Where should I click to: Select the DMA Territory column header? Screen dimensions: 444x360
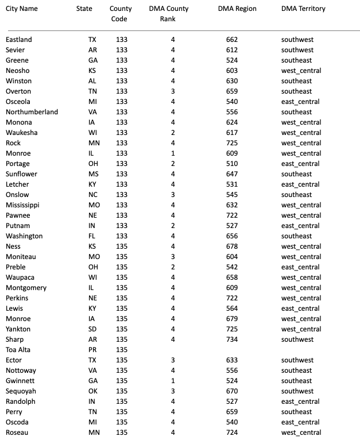(303, 9)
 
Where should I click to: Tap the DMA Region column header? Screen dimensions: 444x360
(237, 9)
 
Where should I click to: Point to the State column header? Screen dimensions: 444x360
(84, 9)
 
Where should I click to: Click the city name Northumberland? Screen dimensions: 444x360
(32, 112)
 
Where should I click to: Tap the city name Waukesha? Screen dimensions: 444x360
(21, 133)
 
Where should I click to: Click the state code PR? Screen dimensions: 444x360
(92, 350)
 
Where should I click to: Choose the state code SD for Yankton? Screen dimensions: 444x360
(92, 329)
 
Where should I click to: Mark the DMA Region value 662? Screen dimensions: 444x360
(232, 40)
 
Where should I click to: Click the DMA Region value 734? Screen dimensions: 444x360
(232, 339)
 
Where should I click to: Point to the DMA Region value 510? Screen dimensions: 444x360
(232, 164)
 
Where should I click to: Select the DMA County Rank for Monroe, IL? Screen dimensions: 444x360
(172, 153)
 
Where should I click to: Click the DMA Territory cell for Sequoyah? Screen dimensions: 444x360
(297, 391)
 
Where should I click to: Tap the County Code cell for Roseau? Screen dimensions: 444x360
(122, 433)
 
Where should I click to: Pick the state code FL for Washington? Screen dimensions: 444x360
(92, 236)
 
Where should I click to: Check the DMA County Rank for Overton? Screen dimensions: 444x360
(172, 91)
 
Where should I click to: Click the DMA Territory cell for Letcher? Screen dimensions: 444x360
(300, 184)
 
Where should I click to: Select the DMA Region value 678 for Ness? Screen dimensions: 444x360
(232, 246)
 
